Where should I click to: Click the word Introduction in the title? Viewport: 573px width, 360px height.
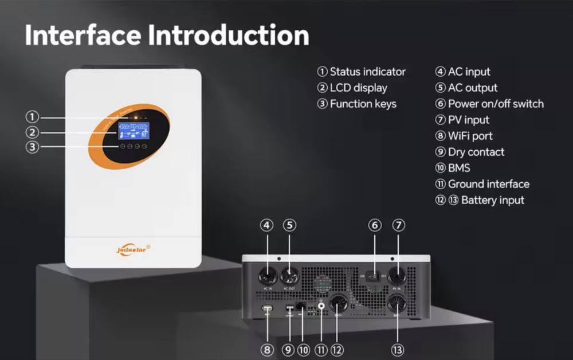point(229,35)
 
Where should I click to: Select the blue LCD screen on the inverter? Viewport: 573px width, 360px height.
point(134,131)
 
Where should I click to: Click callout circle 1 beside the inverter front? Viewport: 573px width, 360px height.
point(32,117)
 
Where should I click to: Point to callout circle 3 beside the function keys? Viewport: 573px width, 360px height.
point(32,147)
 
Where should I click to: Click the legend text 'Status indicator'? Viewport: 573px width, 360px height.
point(367,72)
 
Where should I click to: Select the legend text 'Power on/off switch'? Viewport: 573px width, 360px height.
point(496,104)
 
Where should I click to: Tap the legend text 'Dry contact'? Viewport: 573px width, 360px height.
point(476,152)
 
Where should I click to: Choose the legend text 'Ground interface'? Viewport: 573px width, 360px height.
point(488,184)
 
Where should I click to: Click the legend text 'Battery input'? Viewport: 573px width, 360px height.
point(492,200)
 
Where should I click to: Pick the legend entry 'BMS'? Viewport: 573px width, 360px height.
point(458,168)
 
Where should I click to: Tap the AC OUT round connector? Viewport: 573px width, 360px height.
point(289,275)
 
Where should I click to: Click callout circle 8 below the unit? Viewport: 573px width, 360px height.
point(267,349)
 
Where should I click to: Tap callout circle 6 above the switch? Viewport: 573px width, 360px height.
point(375,225)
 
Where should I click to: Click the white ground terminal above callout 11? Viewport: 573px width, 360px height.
point(320,306)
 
